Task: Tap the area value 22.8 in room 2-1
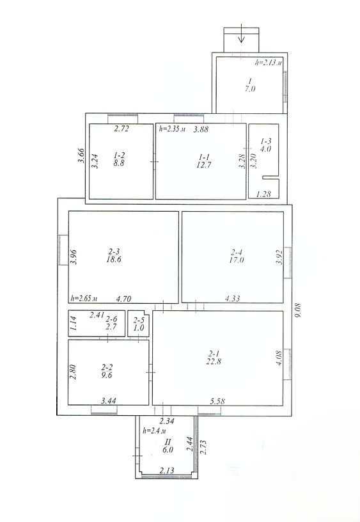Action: tap(214, 361)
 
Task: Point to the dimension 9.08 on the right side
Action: tap(298, 310)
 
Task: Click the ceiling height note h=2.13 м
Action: tap(269, 62)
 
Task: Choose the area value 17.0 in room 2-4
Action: tap(236, 260)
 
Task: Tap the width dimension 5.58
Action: tap(217, 401)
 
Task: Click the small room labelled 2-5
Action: tap(138, 324)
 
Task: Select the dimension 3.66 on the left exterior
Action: tap(81, 155)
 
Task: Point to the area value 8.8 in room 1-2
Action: tap(119, 163)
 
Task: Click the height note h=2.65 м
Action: tap(84, 298)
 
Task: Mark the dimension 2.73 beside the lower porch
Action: tap(203, 447)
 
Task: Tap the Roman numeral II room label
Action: tap(168, 442)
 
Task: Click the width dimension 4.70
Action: tap(123, 299)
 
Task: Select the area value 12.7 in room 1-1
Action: tap(203, 164)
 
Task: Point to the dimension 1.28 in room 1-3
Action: tap(263, 194)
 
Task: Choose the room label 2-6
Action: tap(111, 319)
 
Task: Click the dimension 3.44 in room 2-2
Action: tap(109, 401)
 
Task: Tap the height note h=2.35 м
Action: tap(172, 129)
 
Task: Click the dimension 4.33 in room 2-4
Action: tap(232, 298)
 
